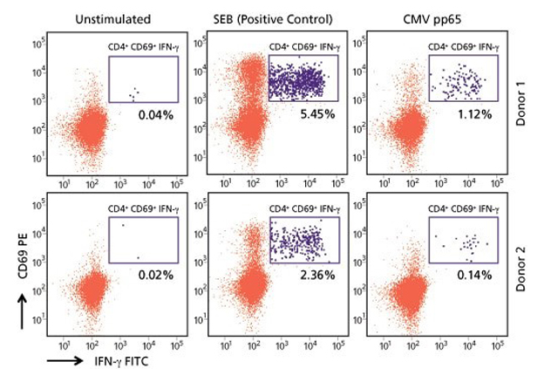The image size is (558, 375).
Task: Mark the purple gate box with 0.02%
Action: tap(143, 241)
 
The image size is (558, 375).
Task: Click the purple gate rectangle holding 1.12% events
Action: tap(463, 78)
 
